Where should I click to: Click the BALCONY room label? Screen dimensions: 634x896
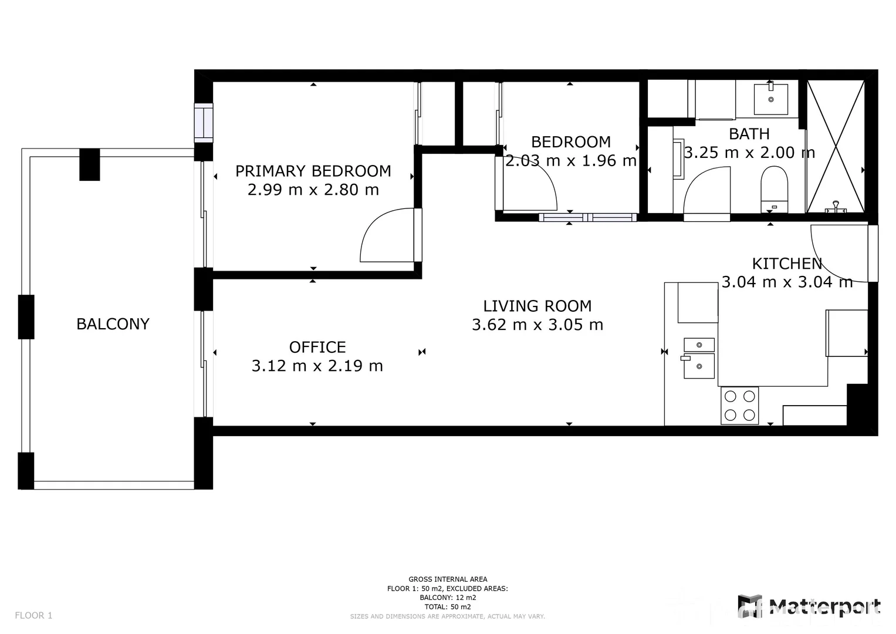click(x=113, y=324)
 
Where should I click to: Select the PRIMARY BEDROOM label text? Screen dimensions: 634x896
click(x=313, y=171)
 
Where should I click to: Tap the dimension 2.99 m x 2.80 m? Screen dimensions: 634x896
click(x=313, y=190)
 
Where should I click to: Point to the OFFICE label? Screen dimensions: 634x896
click(x=317, y=347)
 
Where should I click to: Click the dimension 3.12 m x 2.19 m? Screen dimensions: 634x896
click(x=317, y=366)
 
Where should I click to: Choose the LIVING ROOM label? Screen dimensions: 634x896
click(x=537, y=306)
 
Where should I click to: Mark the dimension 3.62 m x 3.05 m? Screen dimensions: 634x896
click(x=537, y=325)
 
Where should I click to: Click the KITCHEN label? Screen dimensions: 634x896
click(x=787, y=263)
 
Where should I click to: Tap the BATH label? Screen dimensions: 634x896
click(x=749, y=134)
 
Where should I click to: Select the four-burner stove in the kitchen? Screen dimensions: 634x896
click(x=739, y=405)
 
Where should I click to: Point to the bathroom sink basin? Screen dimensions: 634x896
click(x=770, y=99)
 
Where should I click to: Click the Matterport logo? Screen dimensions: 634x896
click(x=809, y=606)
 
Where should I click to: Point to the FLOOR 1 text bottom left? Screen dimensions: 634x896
click(x=33, y=615)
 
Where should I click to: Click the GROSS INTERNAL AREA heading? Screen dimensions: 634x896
click(x=448, y=579)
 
